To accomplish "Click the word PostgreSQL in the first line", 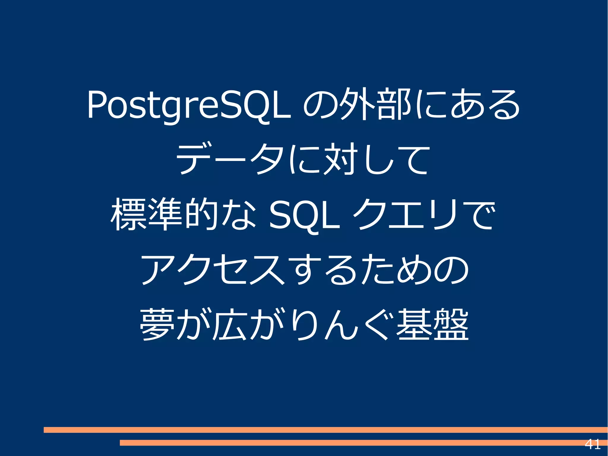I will point(189,105).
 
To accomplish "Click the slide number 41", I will point(593,444).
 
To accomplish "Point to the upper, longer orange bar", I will point(325,430).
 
